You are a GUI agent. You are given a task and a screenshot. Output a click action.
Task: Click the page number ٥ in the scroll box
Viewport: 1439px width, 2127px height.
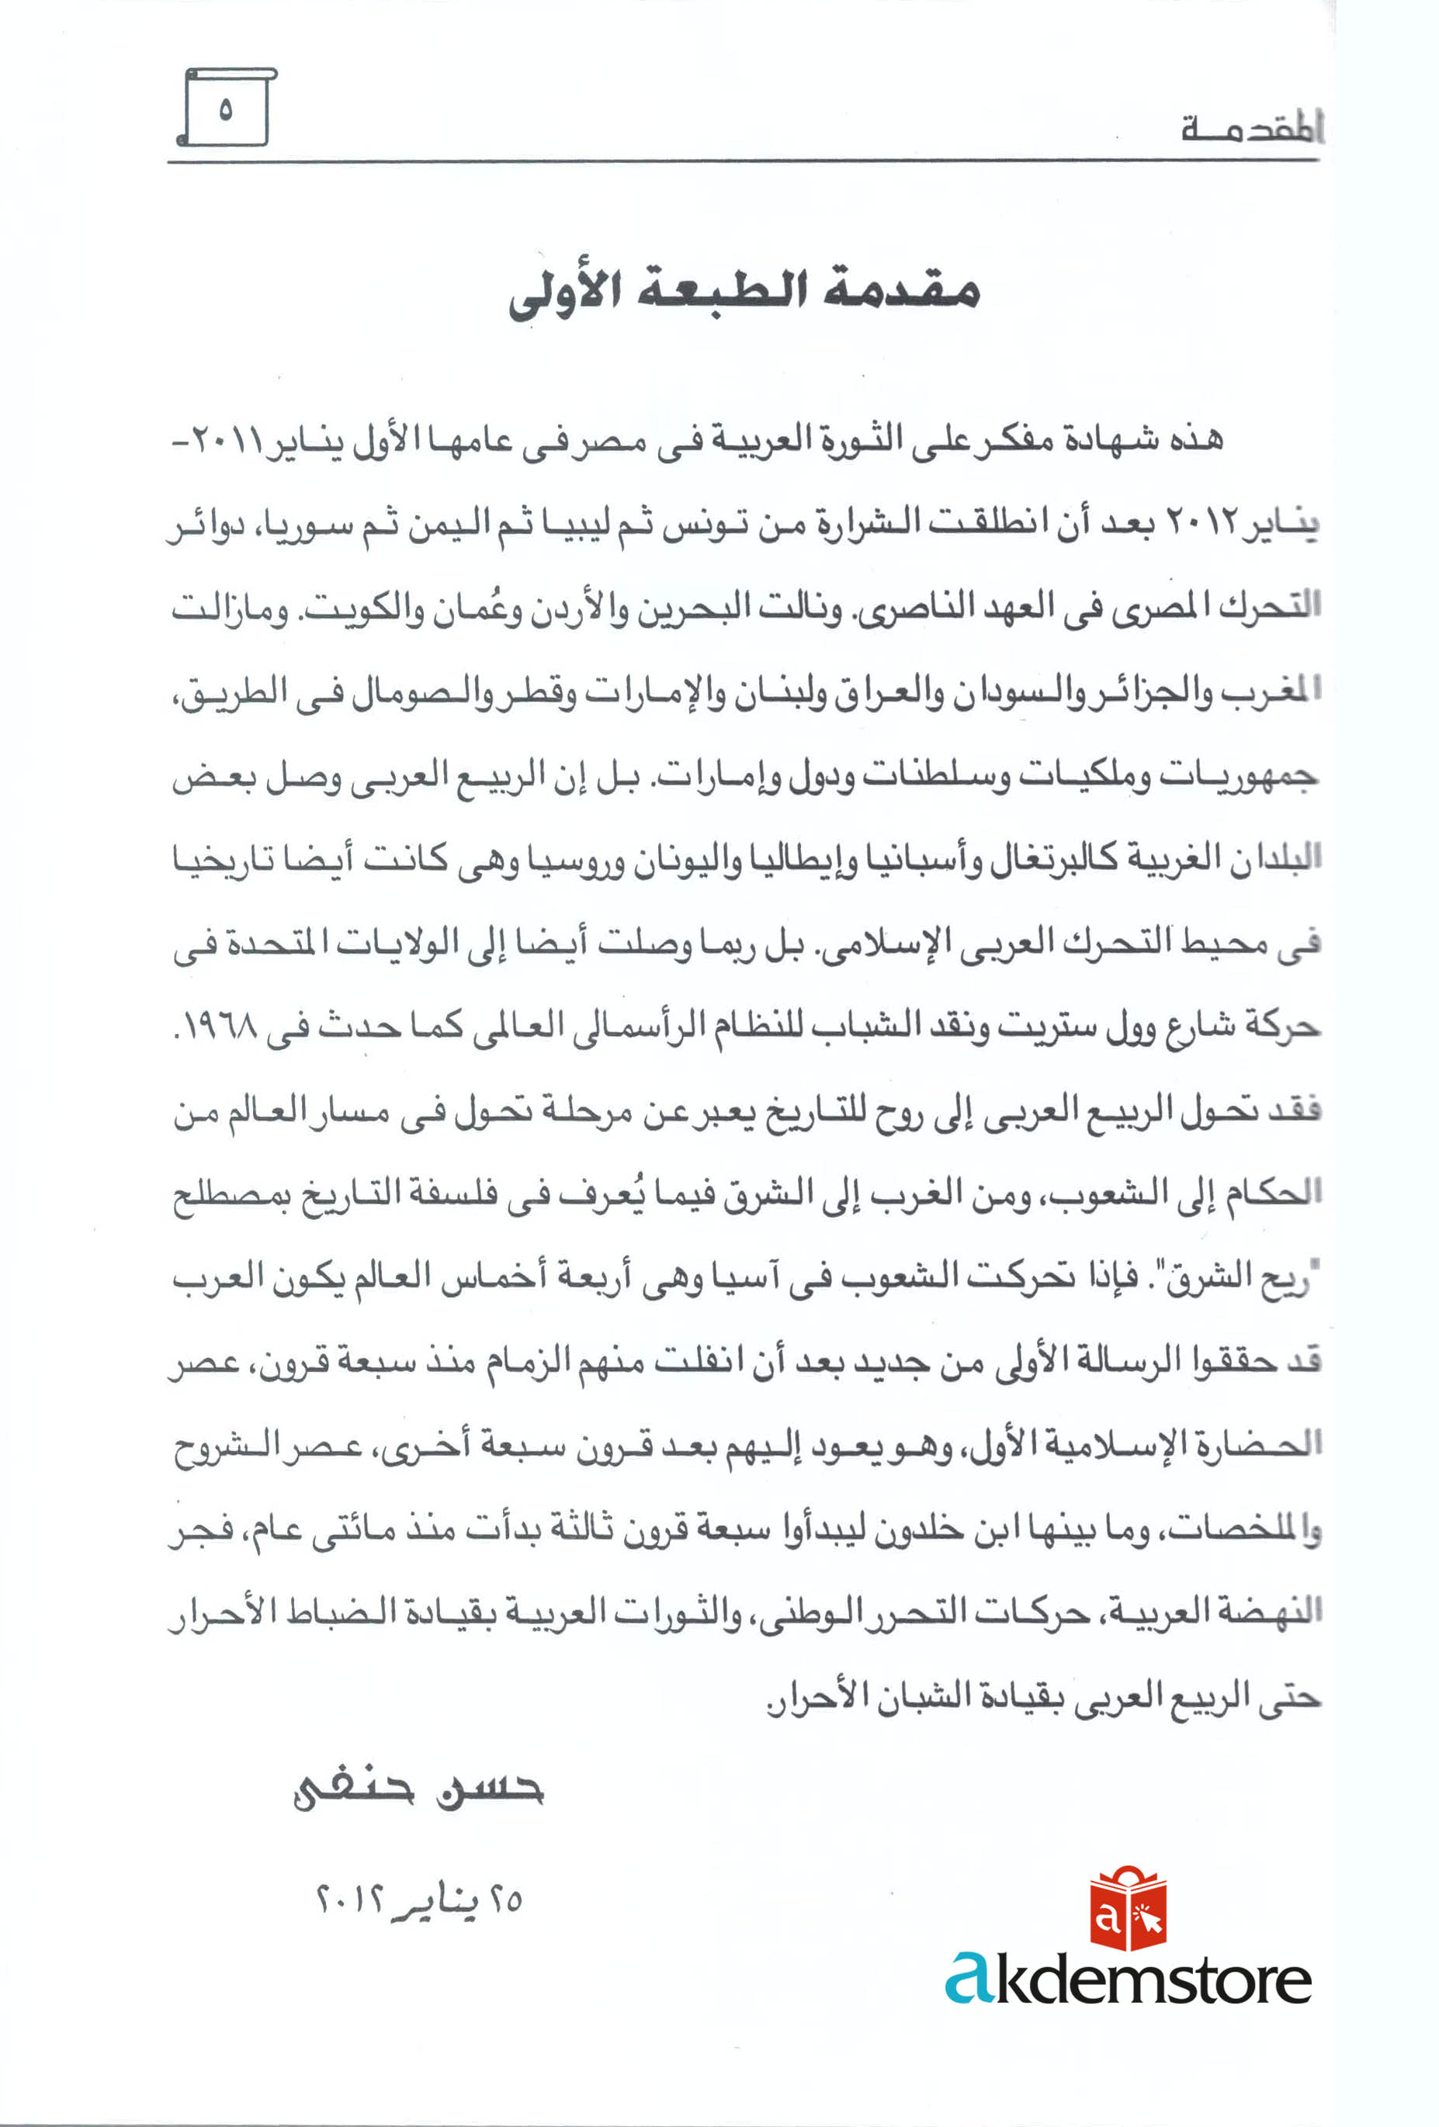point(225,110)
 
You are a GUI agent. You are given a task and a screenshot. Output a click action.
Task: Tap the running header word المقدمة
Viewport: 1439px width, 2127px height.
point(1250,129)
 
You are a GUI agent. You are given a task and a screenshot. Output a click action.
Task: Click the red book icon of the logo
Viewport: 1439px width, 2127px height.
point(1128,1911)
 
